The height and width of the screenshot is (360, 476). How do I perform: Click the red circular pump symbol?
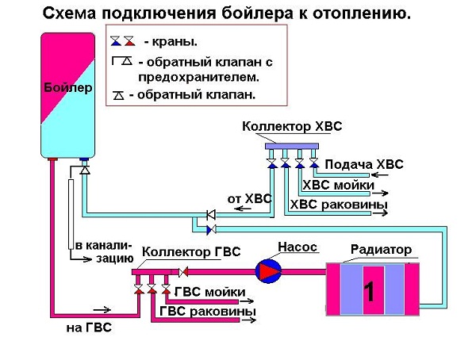(x=267, y=271)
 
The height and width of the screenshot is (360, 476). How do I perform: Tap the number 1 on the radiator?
(x=369, y=291)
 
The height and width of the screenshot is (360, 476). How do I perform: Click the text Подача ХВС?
(x=364, y=164)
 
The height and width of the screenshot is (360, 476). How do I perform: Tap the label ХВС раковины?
(x=339, y=205)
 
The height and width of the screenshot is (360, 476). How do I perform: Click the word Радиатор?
(x=381, y=250)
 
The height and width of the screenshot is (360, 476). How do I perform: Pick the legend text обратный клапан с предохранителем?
(x=199, y=69)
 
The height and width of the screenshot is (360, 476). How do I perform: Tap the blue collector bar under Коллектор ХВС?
(x=292, y=146)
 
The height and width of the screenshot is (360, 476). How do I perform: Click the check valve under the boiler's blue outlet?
(x=84, y=169)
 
